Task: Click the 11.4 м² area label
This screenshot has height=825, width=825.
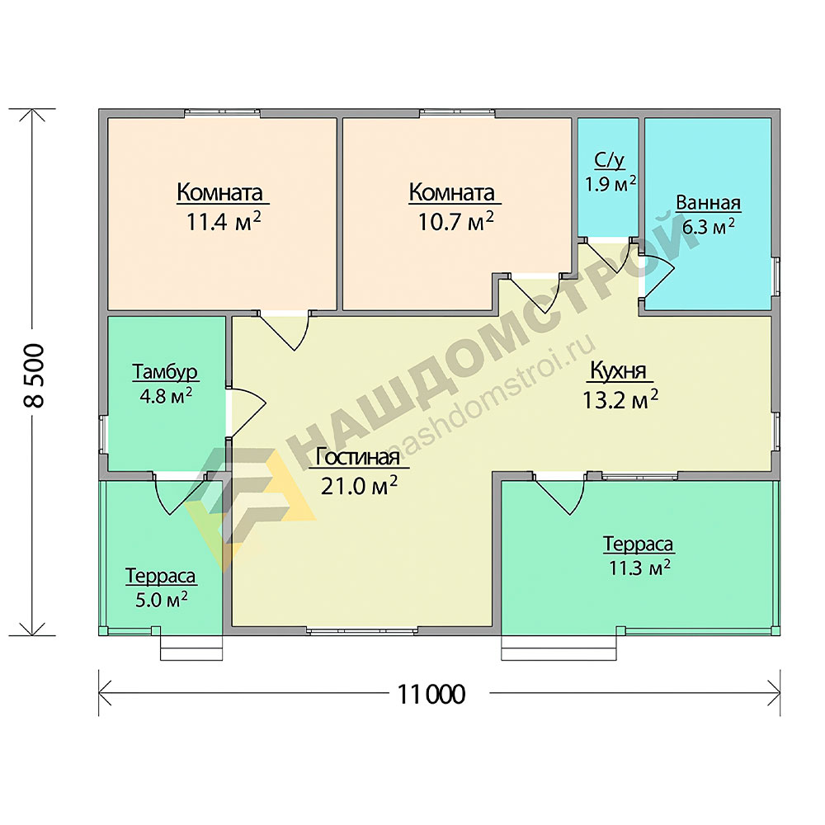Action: pos(224,222)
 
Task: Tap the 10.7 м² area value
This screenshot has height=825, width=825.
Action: pos(455,221)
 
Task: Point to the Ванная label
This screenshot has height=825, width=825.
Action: pos(708,203)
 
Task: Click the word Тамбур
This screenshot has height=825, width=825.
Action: pos(165,371)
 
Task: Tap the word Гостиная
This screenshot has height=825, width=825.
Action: pos(358,457)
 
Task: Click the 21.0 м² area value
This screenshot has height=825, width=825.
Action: pos(359,486)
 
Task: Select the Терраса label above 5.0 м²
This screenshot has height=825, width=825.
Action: pos(161,576)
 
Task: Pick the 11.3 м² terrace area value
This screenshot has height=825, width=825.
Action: pos(640,568)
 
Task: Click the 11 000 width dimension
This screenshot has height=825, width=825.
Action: pos(431,695)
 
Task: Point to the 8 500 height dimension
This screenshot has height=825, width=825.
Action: pos(34,375)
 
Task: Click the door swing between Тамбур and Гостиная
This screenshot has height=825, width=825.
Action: pos(247,412)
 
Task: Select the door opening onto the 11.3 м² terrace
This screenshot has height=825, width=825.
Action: pos(560,494)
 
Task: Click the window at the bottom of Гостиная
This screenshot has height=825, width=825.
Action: pos(362,630)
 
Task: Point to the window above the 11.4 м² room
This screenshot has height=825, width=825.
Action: pos(222,112)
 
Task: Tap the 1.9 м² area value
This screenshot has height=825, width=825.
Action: pos(610,184)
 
